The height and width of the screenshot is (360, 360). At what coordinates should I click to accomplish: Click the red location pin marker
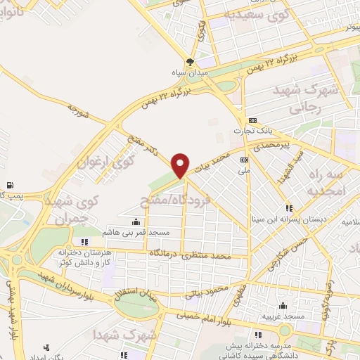pos(181,165)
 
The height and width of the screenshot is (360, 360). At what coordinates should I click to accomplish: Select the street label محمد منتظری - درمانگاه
pos(190,256)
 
